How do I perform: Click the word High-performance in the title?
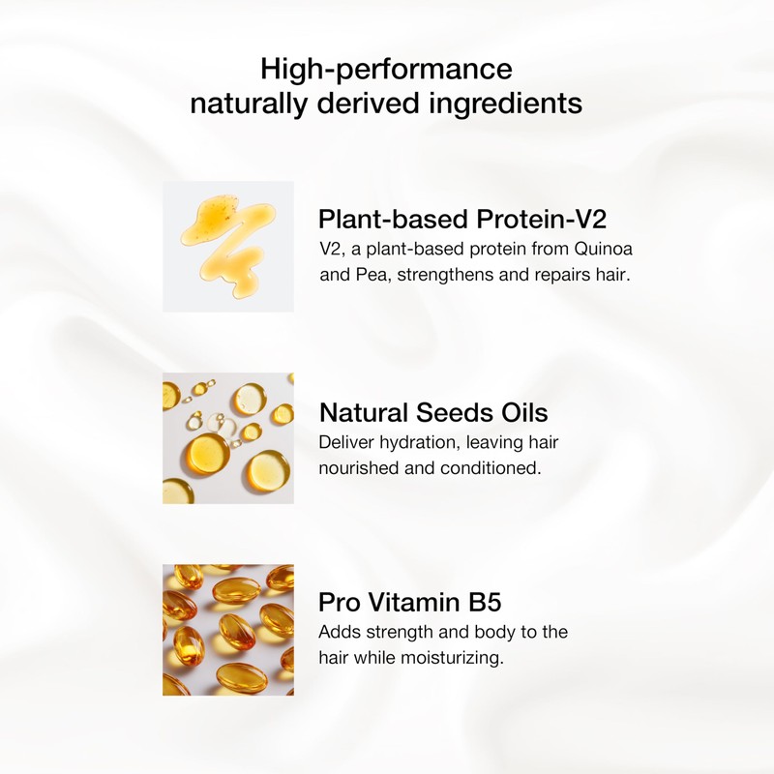tap(386, 69)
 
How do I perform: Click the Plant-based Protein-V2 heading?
tap(462, 219)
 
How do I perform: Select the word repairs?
tap(560, 275)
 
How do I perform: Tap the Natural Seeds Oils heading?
tap(433, 412)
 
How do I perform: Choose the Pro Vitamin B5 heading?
tap(409, 602)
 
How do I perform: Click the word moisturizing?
tap(452, 658)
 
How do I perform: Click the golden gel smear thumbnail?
tap(228, 247)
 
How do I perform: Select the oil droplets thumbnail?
tap(228, 438)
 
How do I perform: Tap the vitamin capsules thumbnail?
tap(228, 630)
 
